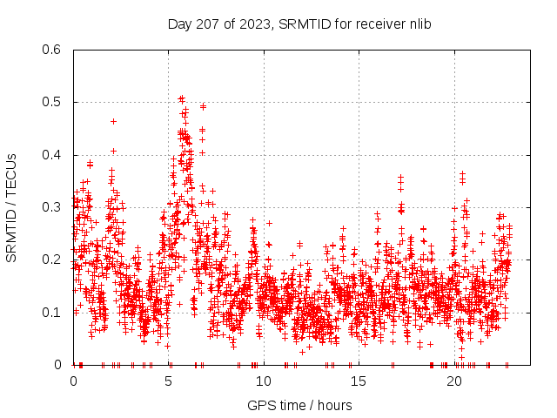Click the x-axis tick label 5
tap(169, 381)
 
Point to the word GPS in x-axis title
tap(260, 405)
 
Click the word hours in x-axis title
tap(335, 405)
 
